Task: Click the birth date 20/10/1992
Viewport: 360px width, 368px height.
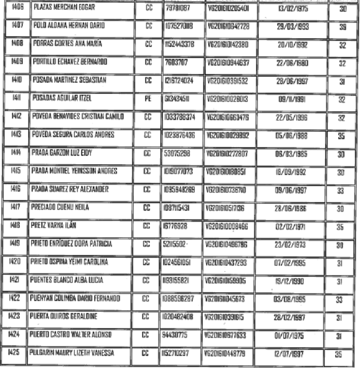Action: (293, 44)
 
